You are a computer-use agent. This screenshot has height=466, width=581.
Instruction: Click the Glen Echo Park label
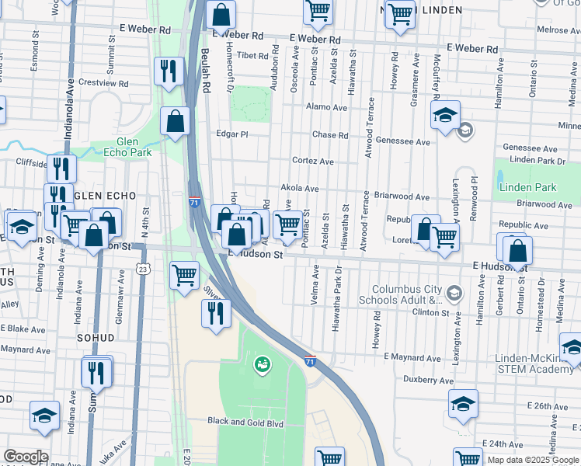(122, 148)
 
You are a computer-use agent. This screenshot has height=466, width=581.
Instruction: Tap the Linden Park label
(528, 188)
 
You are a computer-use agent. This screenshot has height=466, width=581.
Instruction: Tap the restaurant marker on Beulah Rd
(168, 71)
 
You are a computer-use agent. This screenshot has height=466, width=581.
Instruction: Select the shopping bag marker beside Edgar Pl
(175, 121)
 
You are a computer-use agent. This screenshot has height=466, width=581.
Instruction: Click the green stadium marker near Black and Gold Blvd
(263, 363)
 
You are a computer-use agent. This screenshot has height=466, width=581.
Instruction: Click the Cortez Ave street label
(312, 162)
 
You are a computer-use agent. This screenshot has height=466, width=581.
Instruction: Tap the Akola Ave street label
(300, 189)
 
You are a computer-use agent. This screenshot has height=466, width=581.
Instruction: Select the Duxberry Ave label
(428, 380)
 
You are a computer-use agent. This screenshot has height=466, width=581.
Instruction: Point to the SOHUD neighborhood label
(96, 339)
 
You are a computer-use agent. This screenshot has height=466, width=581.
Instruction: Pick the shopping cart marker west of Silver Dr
(185, 274)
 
